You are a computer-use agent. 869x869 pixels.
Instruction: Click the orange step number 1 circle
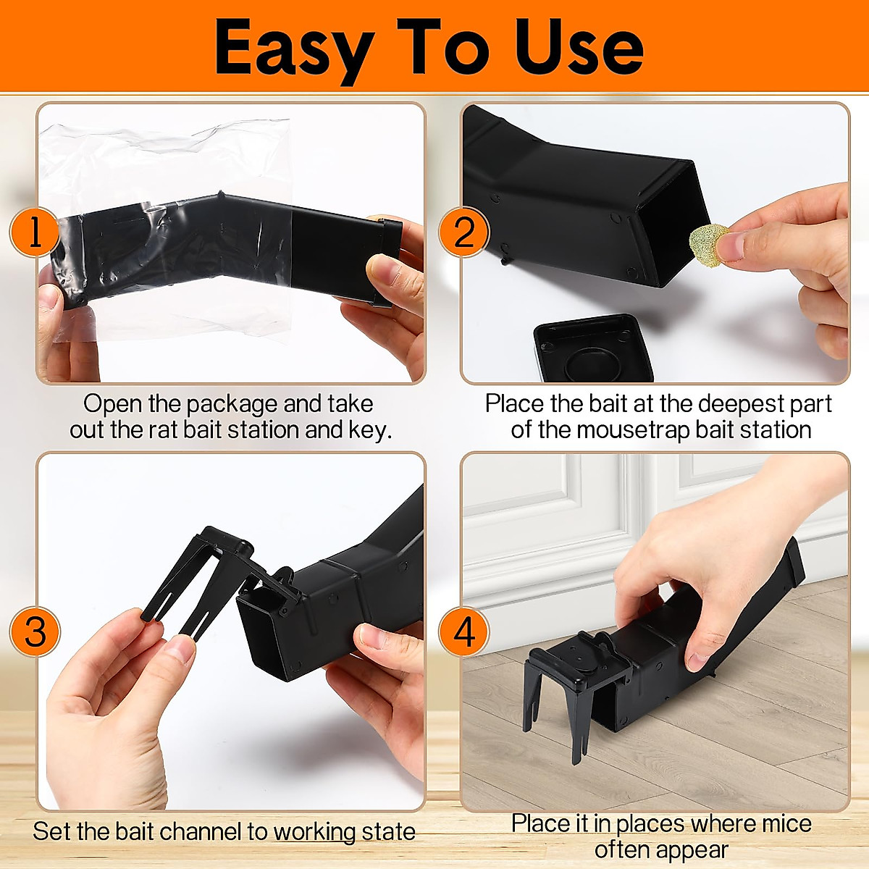coord(33,232)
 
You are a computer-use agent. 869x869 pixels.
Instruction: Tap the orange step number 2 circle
coord(464,232)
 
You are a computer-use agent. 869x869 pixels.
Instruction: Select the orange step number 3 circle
coord(35,631)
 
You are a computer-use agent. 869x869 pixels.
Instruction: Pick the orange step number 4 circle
coord(464,631)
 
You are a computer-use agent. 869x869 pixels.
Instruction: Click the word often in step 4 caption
coord(619,849)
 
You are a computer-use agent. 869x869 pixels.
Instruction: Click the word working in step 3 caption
coord(314,831)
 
